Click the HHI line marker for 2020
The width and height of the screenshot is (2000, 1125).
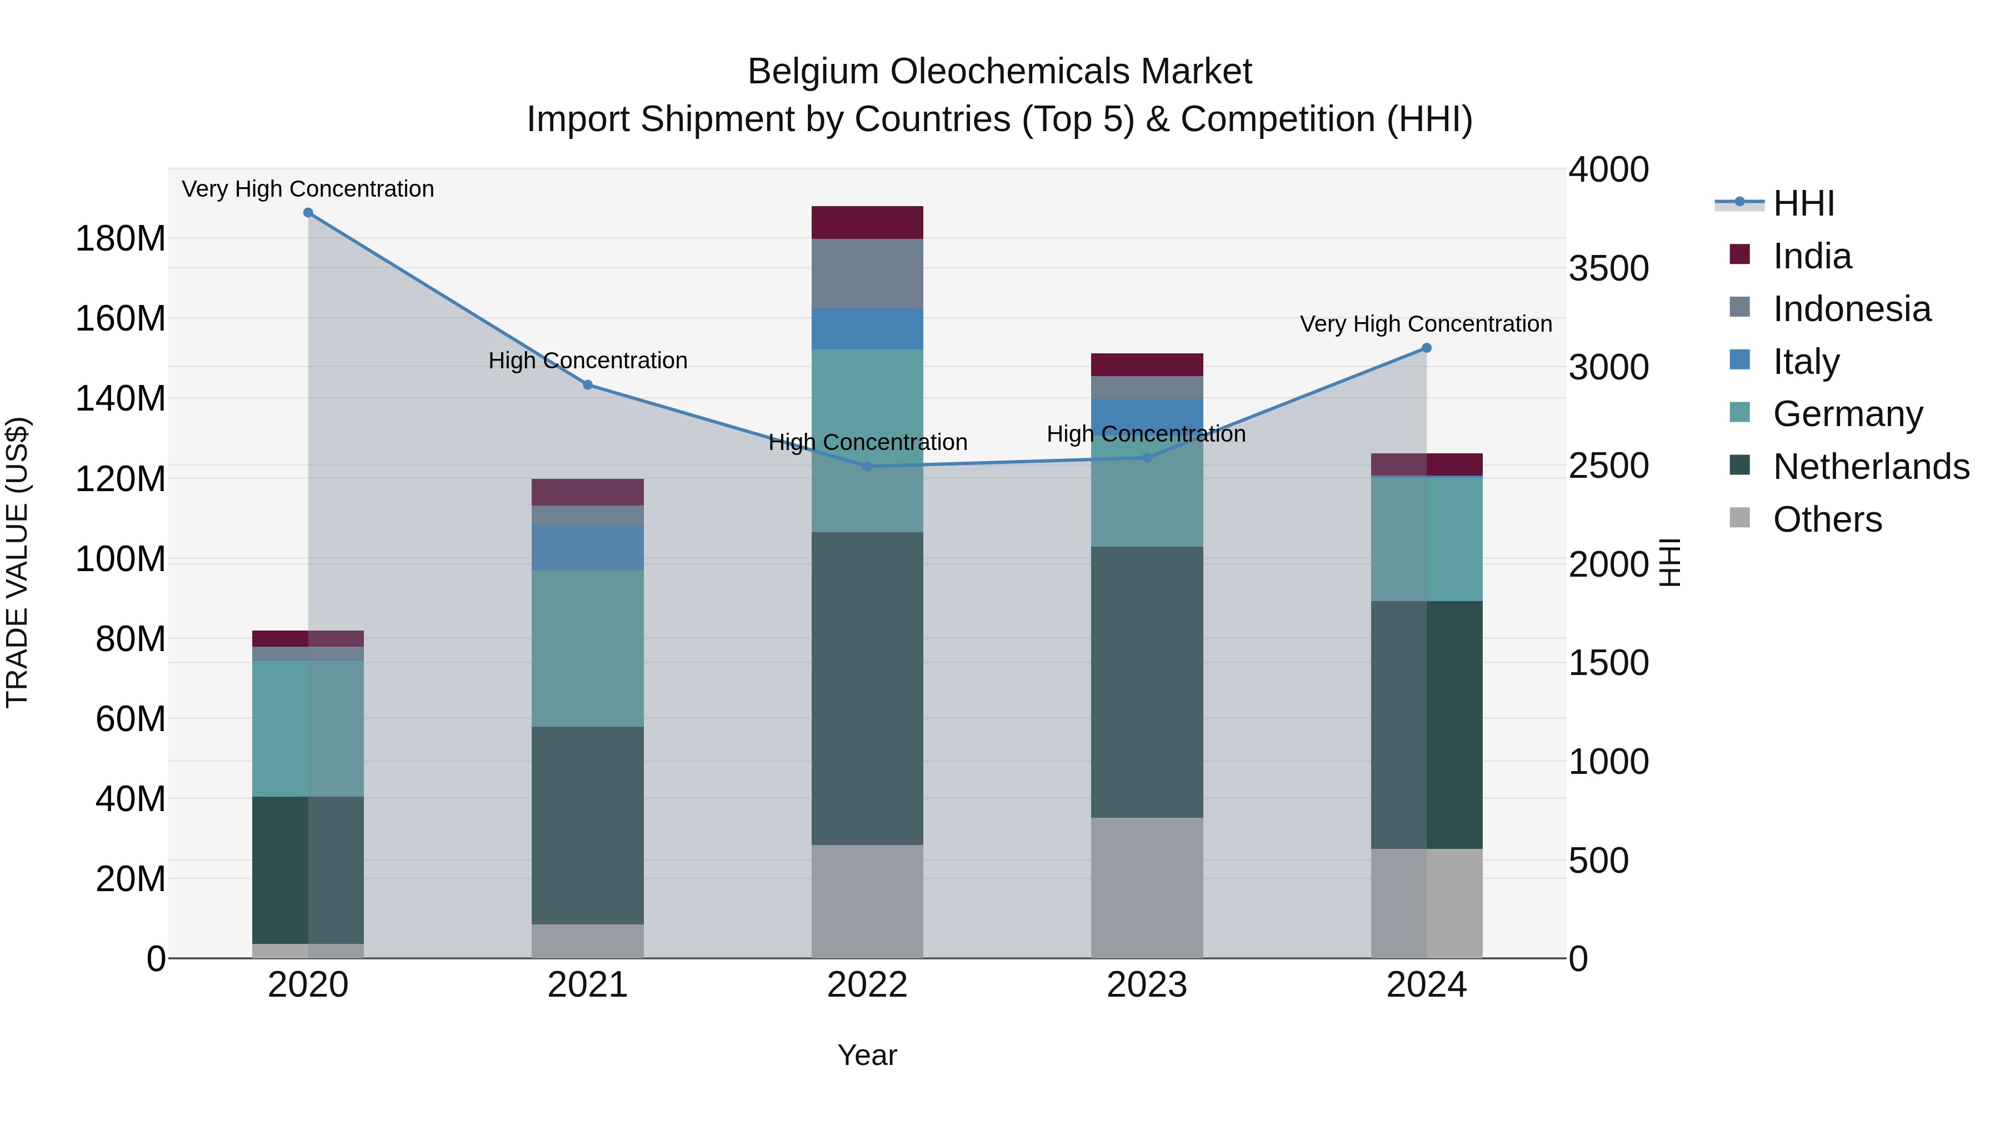(x=308, y=213)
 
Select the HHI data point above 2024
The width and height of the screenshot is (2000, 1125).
(x=1426, y=348)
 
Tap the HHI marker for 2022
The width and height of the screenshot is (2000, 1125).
(x=867, y=467)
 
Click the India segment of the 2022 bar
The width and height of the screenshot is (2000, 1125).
(x=867, y=223)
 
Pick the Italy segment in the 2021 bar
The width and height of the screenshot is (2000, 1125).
(x=588, y=547)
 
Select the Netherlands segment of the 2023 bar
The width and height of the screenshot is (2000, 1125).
(x=1147, y=682)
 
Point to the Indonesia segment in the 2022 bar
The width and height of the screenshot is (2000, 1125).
(x=867, y=273)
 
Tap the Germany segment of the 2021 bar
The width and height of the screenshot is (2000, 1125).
(x=588, y=648)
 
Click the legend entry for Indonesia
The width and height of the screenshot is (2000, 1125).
(x=1851, y=309)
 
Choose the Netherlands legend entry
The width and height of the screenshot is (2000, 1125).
(x=1871, y=467)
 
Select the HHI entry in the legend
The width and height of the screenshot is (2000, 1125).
(x=1803, y=203)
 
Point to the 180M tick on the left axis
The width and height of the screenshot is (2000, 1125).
(x=121, y=238)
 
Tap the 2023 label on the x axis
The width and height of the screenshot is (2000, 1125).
(x=1147, y=985)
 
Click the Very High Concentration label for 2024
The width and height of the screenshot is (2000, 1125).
(x=1426, y=324)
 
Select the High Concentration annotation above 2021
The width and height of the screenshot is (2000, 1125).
(x=588, y=361)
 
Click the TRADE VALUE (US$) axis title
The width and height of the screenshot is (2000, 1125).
(x=17, y=562)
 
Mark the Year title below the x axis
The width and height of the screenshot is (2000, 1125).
(x=867, y=1055)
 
